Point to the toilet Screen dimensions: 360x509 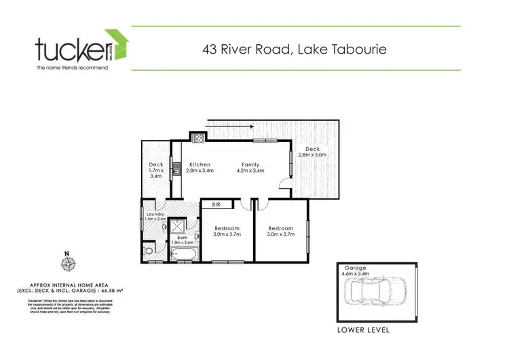tap(149, 251)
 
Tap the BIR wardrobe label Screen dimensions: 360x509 tap(216, 204)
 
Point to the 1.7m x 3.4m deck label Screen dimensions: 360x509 tap(155, 172)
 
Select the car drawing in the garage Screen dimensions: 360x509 tap(377, 291)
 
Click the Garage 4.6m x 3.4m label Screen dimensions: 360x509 tap(357, 271)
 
